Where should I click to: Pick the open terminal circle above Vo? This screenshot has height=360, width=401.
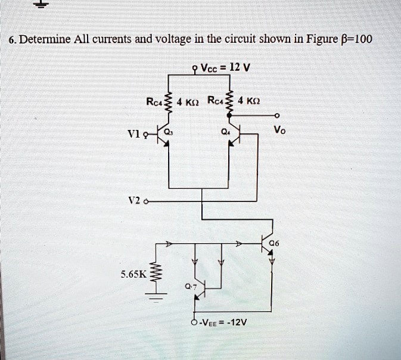(278, 116)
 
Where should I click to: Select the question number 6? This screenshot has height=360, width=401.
(11, 40)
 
